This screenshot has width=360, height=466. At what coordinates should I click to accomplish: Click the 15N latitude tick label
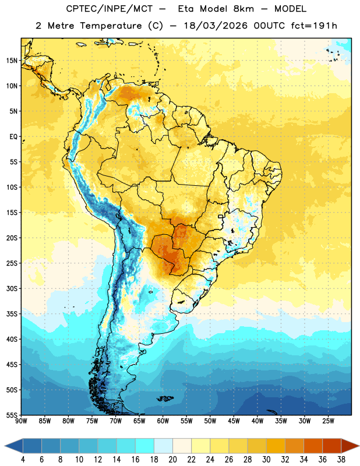[x=12, y=61]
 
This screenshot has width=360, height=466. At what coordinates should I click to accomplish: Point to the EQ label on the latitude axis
[x=13, y=137]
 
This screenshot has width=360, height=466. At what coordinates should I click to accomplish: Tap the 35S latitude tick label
[x=12, y=314]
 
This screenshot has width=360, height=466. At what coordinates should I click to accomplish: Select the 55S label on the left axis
[x=12, y=415]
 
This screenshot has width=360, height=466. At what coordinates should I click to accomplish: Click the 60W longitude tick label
[x=163, y=421]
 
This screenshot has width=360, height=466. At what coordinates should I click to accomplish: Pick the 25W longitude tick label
[x=328, y=421]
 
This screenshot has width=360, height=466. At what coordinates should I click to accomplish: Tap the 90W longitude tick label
[x=22, y=421]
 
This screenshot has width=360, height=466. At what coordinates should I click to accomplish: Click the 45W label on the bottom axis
[x=234, y=421]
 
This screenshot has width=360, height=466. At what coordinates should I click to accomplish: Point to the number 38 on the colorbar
[x=341, y=460]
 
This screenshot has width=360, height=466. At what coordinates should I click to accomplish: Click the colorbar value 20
[x=172, y=460]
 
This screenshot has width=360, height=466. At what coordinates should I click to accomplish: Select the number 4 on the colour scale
[x=23, y=460]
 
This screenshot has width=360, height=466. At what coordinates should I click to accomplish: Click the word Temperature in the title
[x=111, y=26]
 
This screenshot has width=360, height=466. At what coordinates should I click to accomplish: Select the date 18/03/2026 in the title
[x=216, y=26]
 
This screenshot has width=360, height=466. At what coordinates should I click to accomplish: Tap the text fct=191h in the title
[x=314, y=26]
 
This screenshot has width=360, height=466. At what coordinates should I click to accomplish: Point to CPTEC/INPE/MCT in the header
[x=109, y=9]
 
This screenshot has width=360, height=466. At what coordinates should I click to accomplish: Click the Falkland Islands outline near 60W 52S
[x=165, y=398]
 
